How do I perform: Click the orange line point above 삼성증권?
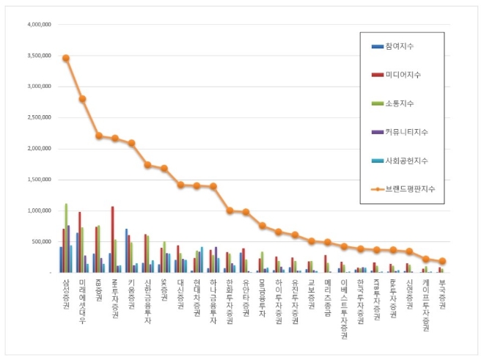click(66, 58)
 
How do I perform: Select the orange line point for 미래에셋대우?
click(82, 99)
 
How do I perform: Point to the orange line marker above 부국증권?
click(442, 261)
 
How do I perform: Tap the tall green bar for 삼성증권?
click(66, 238)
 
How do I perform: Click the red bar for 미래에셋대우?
click(79, 242)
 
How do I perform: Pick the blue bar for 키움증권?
click(126, 250)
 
